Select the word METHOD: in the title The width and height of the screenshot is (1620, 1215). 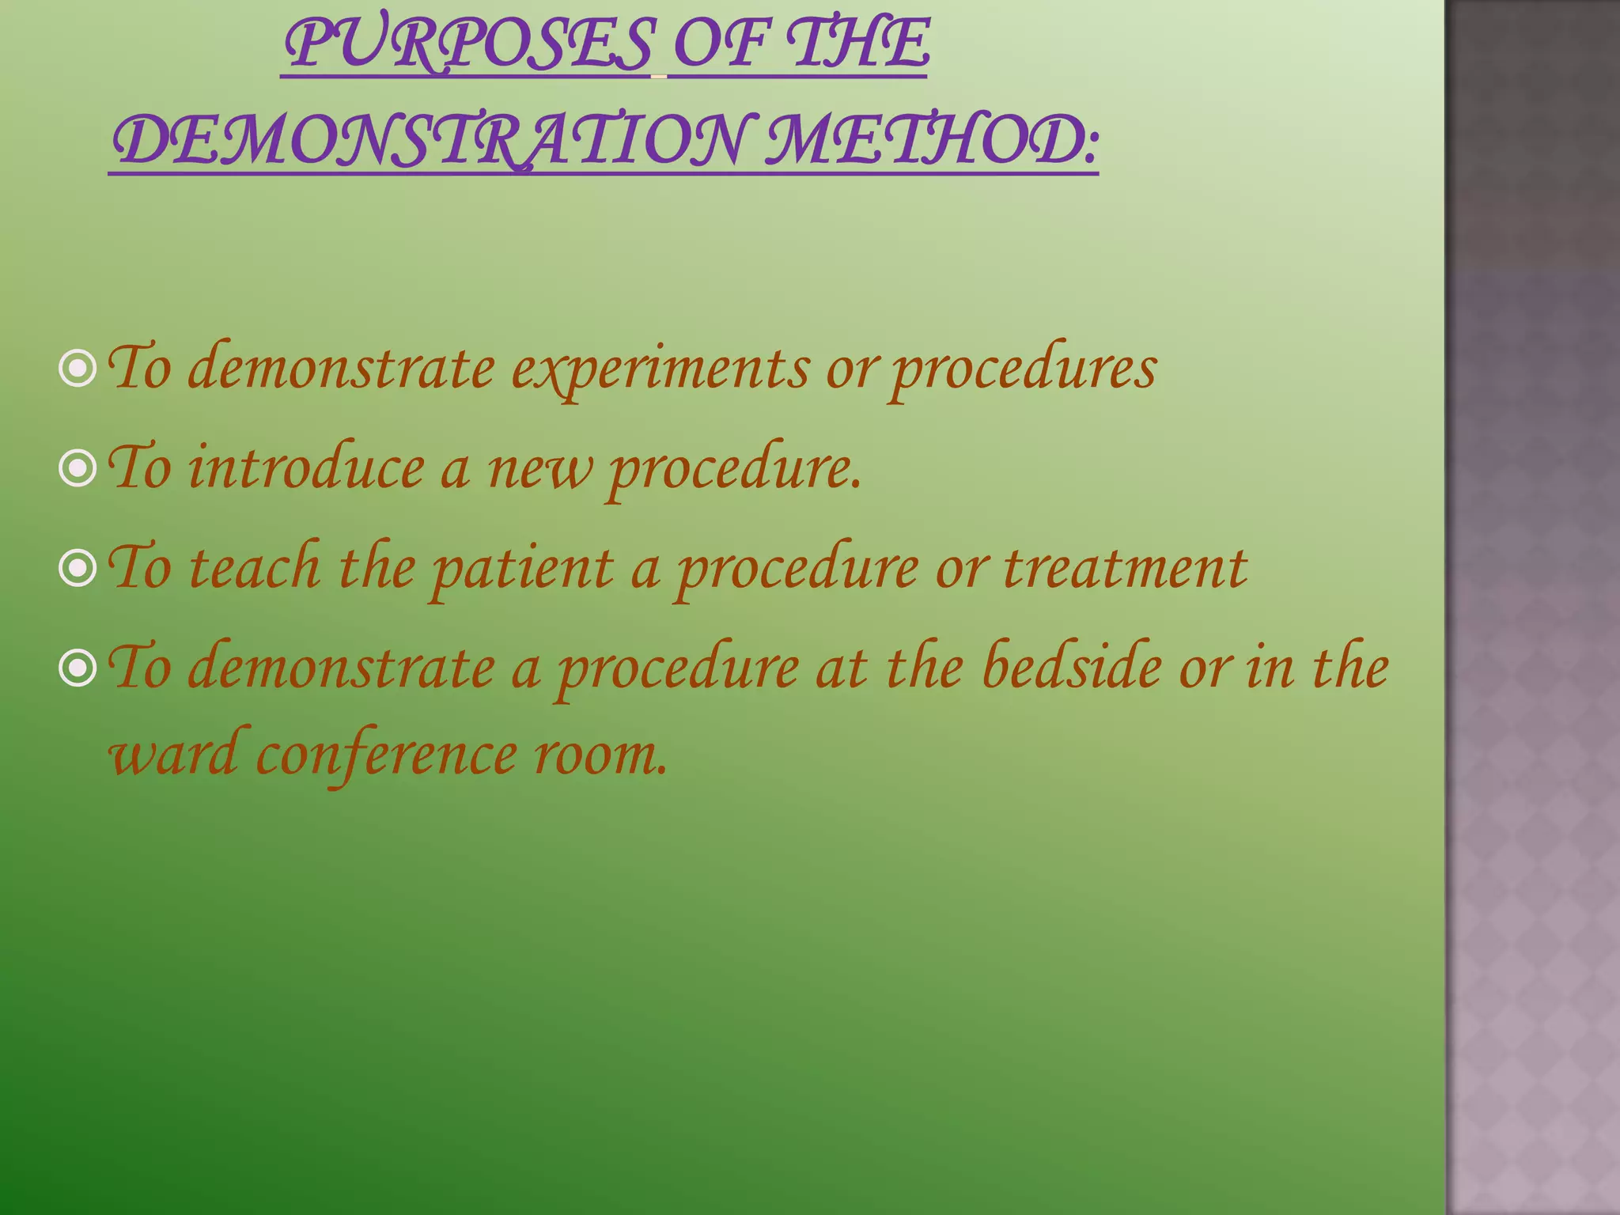[x=932, y=141]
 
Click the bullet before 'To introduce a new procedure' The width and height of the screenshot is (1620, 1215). [x=78, y=469]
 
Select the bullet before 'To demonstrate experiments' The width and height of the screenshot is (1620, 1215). [x=78, y=369]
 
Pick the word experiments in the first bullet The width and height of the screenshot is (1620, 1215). [x=660, y=370]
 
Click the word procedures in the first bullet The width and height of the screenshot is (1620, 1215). [x=1024, y=370]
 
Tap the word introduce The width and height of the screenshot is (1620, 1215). [x=306, y=468]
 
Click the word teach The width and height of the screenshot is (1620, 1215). [x=255, y=568]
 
